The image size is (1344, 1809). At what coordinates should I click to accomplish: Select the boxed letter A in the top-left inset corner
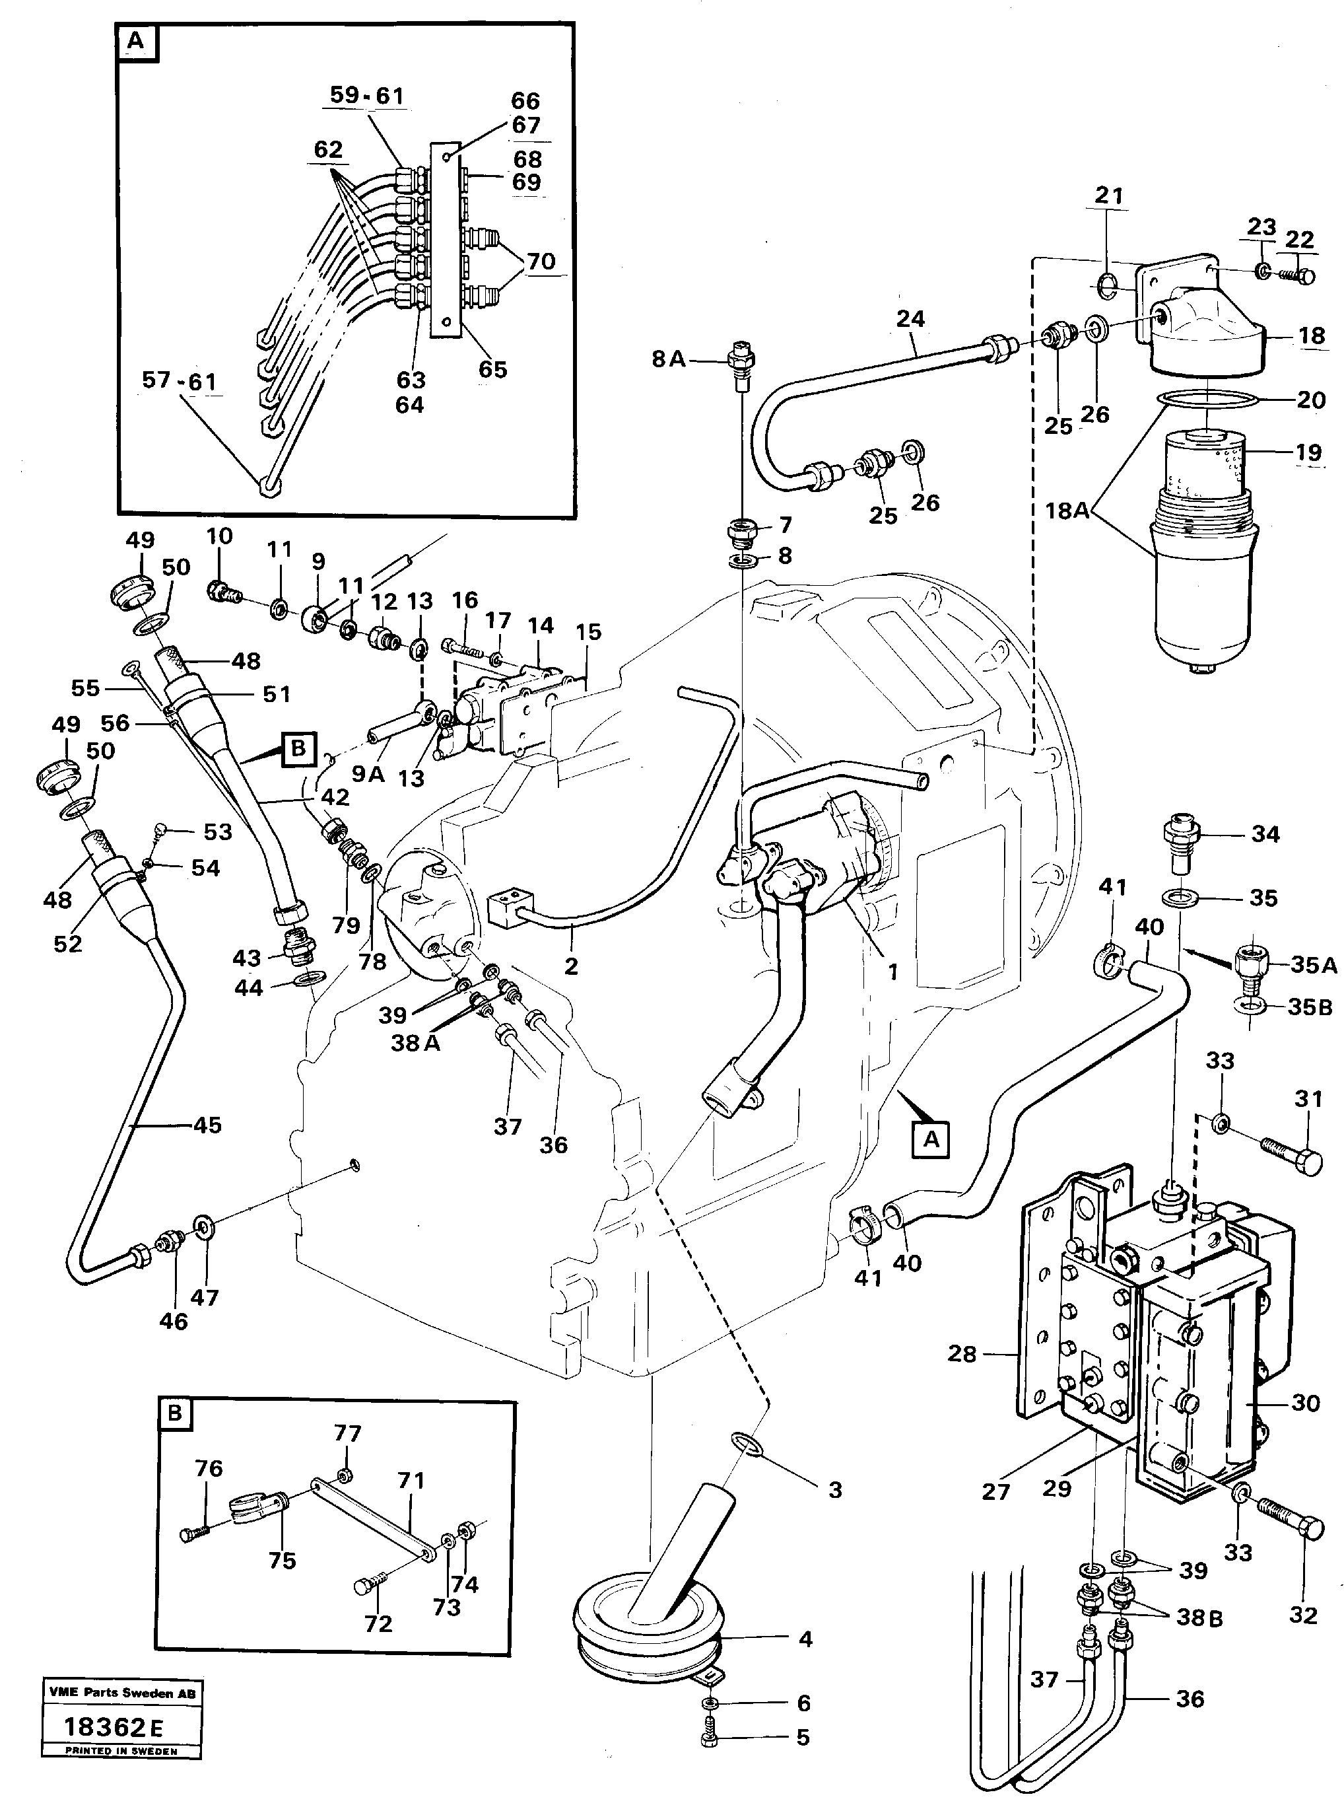click(x=136, y=42)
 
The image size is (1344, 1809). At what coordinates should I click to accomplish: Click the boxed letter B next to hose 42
click(x=298, y=747)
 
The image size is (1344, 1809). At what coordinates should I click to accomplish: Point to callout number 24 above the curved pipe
click(x=910, y=320)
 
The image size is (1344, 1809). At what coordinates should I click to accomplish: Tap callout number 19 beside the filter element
click(x=1308, y=452)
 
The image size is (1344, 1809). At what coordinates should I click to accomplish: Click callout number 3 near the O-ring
click(x=834, y=1489)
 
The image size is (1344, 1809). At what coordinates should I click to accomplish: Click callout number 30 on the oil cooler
click(x=1305, y=1402)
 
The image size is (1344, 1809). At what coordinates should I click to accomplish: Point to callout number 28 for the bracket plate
click(x=962, y=1353)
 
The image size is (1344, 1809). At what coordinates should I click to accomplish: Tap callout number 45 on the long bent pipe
click(x=207, y=1125)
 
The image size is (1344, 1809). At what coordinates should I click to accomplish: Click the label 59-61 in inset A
click(x=367, y=96)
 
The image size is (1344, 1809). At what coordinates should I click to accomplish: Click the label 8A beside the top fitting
click(x=669, y=359)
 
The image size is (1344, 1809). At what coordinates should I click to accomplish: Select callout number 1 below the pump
click(x=892, y=972)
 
